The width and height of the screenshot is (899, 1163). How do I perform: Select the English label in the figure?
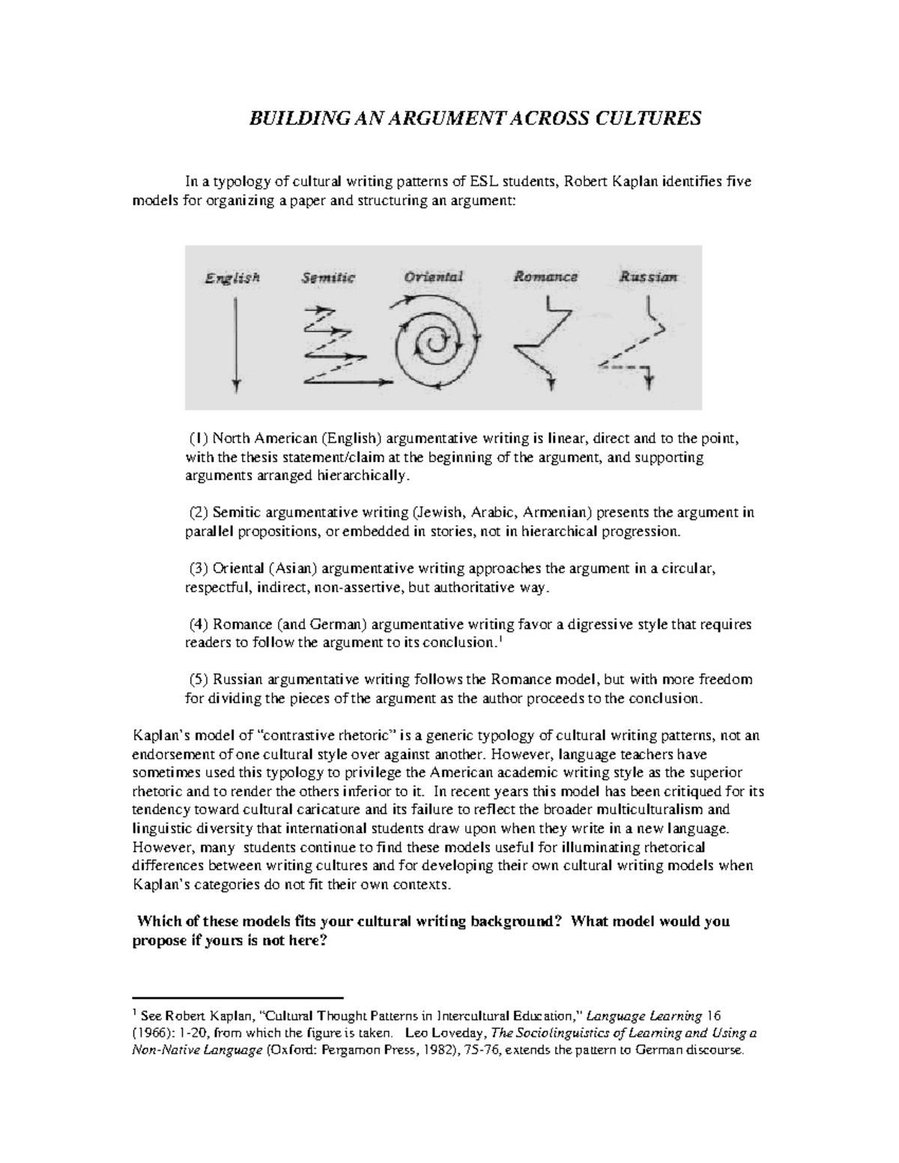click(232, 278)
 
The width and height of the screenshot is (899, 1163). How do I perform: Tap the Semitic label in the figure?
click(327, 278)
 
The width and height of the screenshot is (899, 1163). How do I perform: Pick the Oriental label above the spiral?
click(434, 276)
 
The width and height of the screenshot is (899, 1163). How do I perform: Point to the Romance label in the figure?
click(545, 276)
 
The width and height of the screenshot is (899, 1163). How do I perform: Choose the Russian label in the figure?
click(648, 276)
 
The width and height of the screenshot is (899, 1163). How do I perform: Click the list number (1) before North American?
click(199, 438)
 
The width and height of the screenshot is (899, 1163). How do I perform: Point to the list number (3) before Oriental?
click(199, 569)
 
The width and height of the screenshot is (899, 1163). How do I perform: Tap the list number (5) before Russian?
click(199, 680)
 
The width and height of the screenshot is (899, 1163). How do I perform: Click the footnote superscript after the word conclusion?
click(500, 639)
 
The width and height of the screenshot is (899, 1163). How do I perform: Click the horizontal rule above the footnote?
click(237, 998)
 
